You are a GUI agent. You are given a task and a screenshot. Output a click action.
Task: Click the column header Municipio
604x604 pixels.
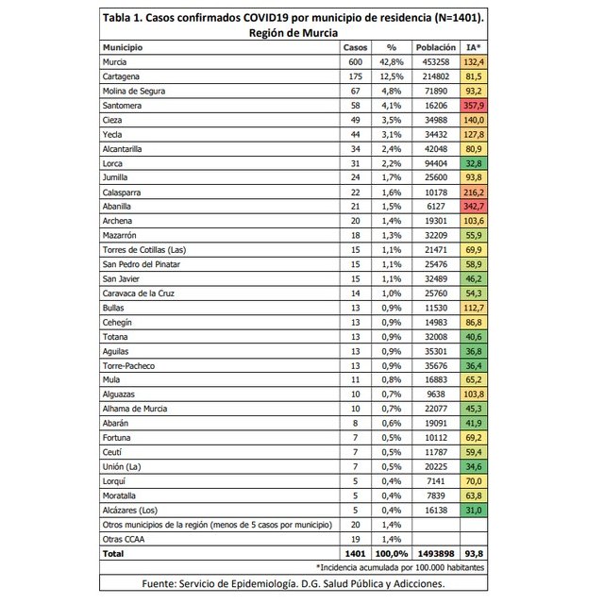[x=123, y=46]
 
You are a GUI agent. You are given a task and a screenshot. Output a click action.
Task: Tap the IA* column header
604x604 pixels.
[x=474, y=46]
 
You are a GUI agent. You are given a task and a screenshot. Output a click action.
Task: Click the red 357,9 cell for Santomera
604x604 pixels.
[x=474, y=107]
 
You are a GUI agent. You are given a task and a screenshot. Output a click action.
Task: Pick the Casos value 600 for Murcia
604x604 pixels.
[x=355, y=61]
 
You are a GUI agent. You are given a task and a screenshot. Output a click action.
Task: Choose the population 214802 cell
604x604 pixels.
[x=434, y=76]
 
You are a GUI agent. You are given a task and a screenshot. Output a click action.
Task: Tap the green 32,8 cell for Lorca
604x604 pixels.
[x=474, y=161]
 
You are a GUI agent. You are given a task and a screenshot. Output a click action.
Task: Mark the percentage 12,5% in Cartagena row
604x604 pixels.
[x=391, y=76]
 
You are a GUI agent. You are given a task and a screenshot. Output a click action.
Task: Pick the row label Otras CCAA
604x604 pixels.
[x=124, y=539]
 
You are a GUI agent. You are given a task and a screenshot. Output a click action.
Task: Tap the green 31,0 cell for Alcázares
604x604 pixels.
[x=474, y=510]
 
